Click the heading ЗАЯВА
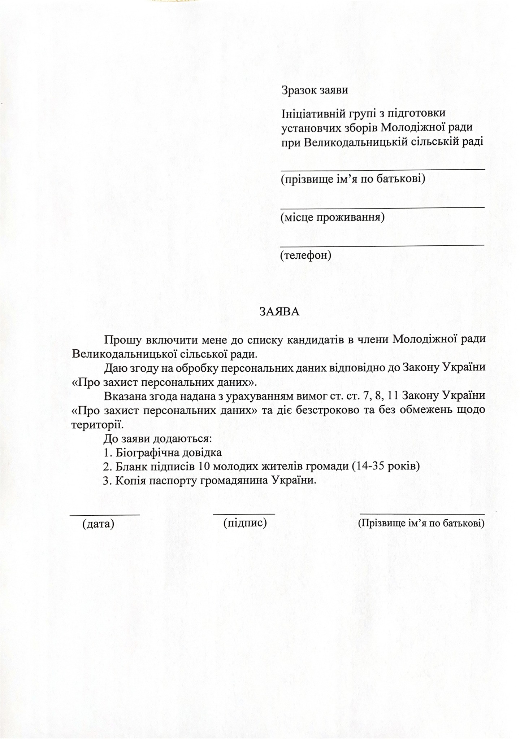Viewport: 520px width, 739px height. pos(279,312)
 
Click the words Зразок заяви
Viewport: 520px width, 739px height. pos(315,90)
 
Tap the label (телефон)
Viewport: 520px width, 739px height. pos(305,255)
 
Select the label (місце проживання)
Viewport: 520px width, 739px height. pos(332,217)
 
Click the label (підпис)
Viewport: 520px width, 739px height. pos(245,522)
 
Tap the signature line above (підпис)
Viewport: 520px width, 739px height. pos(244,513)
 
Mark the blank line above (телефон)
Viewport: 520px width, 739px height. pos(382,245)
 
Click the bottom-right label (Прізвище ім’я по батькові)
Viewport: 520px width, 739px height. pos(421,523)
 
